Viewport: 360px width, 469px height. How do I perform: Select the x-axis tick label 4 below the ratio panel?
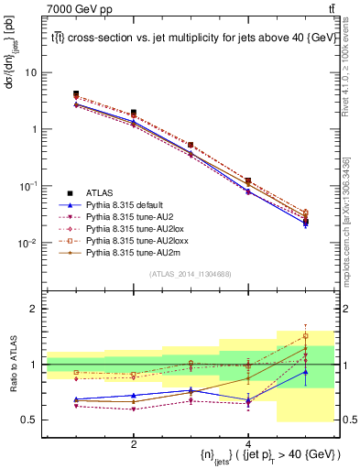tap(248, 444)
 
